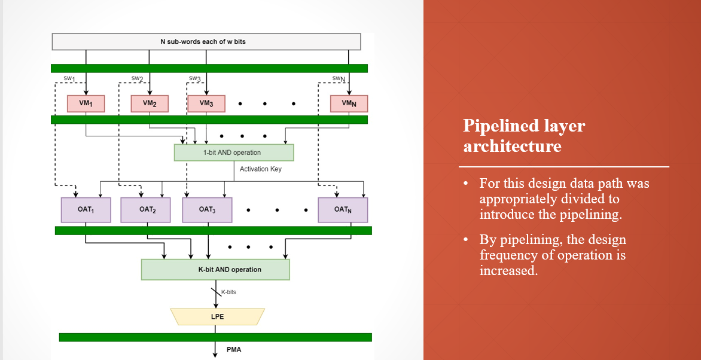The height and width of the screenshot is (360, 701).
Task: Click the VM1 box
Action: tap(86, 103)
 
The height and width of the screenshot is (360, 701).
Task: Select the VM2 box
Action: tap(150, 103)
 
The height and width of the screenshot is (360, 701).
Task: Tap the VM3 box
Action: tap(206, 103)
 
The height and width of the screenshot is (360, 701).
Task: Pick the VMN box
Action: tap(349, 103)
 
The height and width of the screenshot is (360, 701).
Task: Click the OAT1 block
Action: tap(86, 209)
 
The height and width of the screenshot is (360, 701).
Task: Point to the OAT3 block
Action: tap(206, 209)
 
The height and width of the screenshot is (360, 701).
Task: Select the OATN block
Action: tap(343, 209)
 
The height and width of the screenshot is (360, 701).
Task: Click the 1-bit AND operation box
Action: tap(234, 152)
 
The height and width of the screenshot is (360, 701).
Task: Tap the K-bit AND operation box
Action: tap(215, 269)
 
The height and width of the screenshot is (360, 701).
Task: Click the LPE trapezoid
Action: tap(217, 316)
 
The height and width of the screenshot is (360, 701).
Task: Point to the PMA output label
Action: tap(234, 349)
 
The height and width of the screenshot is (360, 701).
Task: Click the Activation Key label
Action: tap(260, 169)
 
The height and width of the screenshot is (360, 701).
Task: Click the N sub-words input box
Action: tap(206, 41)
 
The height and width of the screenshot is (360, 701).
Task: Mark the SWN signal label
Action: tap(339, 79)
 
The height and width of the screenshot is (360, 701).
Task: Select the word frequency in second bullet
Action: tap(513, 255)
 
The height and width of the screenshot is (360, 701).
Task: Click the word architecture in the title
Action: tap(512, 147)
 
